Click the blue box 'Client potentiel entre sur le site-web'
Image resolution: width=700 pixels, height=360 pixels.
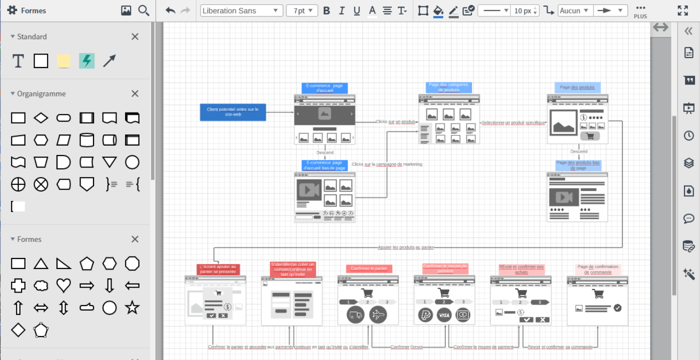tap(233, 112)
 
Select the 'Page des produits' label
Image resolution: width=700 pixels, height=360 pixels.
tap(577, 87)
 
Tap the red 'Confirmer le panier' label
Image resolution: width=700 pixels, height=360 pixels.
tap(369, 268)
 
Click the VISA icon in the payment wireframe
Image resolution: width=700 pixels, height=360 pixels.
tap(444, 315)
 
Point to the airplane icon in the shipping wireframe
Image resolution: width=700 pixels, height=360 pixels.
tap(378, 315)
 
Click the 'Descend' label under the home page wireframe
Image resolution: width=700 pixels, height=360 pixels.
tap(325, 152)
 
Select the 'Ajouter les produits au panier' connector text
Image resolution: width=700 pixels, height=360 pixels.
tap(405, 247)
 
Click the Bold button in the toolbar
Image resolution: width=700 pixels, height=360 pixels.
tap(326, 10)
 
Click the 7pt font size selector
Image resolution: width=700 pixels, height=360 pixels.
tap(302, 10)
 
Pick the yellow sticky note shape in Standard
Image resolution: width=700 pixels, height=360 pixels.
tap(63, 61)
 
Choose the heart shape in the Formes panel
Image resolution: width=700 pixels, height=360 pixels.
tap(63, 285)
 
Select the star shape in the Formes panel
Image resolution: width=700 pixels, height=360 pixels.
tap(132, 307)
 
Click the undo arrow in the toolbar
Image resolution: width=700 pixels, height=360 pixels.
tap(170, 10)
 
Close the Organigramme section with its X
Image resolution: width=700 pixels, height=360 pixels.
tap(135, 93)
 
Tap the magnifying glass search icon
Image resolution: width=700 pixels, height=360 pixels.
tap(144, 10)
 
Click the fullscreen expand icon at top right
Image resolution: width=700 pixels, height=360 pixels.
tap(683, 10)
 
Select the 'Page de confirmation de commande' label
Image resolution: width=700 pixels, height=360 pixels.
tap(597, 269)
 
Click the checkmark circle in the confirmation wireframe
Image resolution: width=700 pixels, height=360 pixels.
tap(617, 308)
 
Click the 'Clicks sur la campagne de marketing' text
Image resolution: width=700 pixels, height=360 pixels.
tap(387, 164)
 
